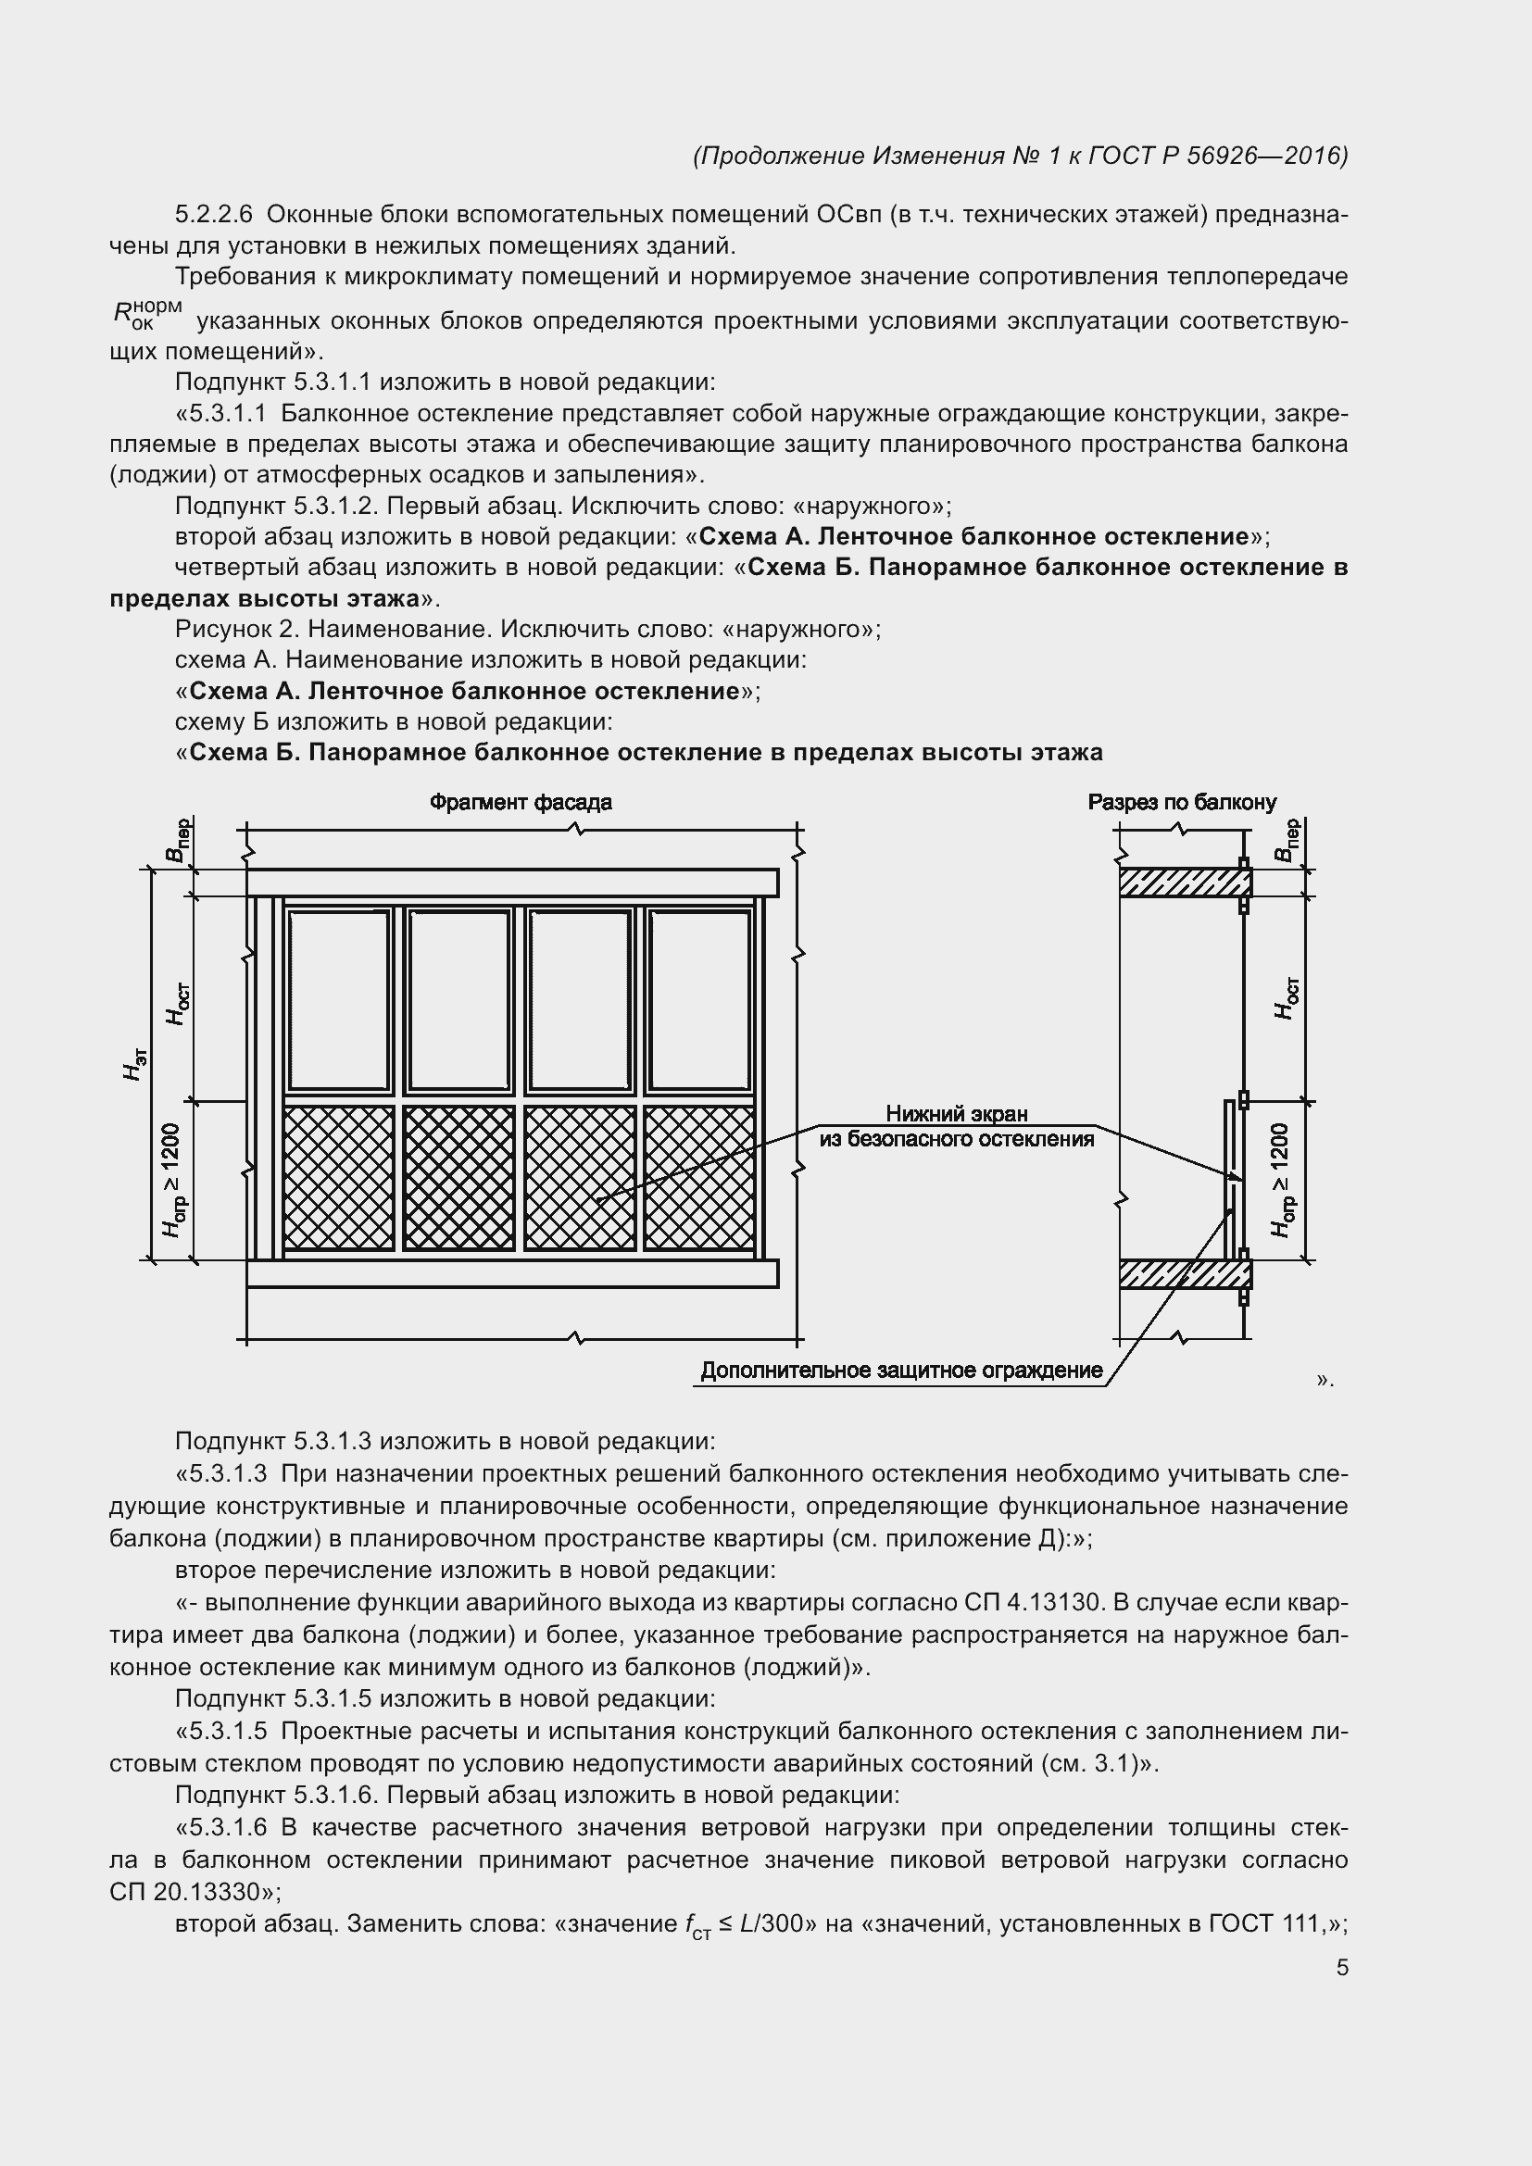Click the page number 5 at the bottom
pyautogui.click(x=1341, y=1967)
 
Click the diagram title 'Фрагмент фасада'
pyautogui.click(x=521, y=802)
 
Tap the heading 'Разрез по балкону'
pyautogui.click(x=1181, y=802)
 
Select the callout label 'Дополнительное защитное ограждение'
pyautogui.click(x=901, y=1370)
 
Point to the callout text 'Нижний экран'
pyautogui.click(x=957, y=1114)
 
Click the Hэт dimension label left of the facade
pyautogui.click(x=136, y=1064)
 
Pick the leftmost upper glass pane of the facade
pyautogui.click(x=339, y=1000)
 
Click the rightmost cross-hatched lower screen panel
pyautogui.click(x=699, y=1177)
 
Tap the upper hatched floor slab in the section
pyautogui.click(x=1185, y=883)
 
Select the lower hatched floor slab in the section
pyautogui.click(x=1185, y=1273)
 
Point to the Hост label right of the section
pyautogui.click(x=1286, y=998)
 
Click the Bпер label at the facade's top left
pyautogui.click(x=176, y=841)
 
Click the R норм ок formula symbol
pyautogui.click(x=146, y=314)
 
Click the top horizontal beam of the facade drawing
pyautogui.click(x=512, y=883)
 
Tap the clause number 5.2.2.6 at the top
pyautogui.click(x=214, y=215)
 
